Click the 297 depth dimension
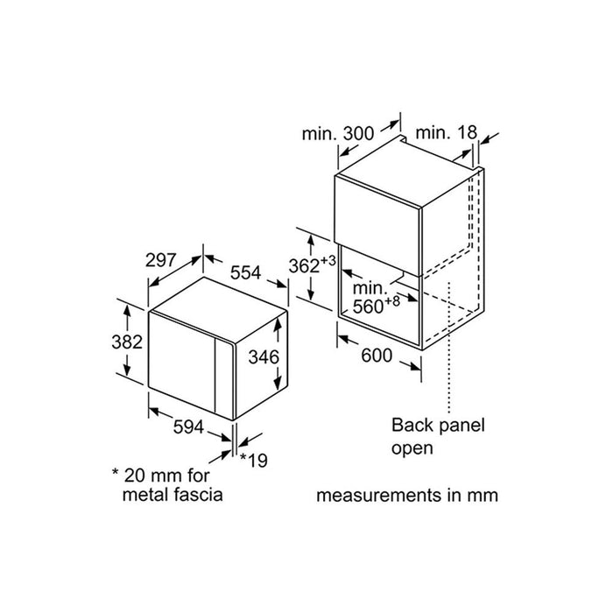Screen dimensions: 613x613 160,261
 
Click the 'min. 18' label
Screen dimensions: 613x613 445,132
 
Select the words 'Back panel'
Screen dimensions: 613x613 437,426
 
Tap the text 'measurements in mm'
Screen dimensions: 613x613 407,495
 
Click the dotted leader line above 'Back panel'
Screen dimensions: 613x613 448,350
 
